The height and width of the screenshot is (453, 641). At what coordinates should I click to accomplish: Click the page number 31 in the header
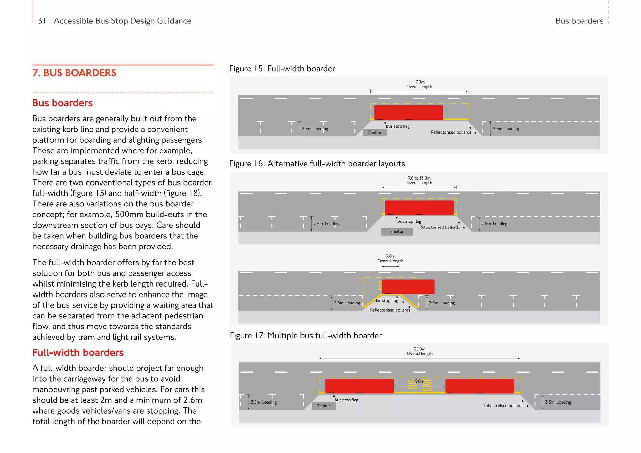coord(42,21)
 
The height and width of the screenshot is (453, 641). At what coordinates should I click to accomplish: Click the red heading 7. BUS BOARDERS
coord(74,73)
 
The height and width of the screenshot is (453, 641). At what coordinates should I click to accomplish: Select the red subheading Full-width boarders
coord(78,353)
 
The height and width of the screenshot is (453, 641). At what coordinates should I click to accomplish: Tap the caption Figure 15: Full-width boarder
coord(282,69)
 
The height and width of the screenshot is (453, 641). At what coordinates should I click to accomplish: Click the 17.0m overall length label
coord(419,84)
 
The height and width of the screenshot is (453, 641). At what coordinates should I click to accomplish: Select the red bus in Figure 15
coord(408,112)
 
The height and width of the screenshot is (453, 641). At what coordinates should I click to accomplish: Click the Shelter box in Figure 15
coord(375,133)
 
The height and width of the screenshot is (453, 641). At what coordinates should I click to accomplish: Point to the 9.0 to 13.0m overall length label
coord(419,180)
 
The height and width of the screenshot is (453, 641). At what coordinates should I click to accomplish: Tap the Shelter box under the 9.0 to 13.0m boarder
coord(397,232)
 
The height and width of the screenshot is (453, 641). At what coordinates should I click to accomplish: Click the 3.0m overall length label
coord(390,258)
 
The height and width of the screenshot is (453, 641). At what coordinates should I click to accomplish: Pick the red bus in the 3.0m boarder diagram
coord(408,287)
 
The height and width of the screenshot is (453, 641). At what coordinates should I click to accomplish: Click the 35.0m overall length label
coord(419,351)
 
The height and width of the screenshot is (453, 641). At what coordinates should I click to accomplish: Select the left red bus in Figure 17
coord(359,386)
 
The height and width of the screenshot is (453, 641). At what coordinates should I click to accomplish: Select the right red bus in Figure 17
coord(479,386)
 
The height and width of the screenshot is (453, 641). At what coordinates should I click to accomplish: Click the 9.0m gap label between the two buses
coord(419,381)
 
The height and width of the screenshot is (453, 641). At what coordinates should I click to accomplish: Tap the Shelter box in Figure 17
coord(323,406)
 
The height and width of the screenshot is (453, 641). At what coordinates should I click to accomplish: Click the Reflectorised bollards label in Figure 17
coord(503,406)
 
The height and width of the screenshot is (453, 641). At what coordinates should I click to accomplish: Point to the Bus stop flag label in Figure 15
coord(397,126)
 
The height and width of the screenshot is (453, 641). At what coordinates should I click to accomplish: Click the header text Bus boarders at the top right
coord(579,21)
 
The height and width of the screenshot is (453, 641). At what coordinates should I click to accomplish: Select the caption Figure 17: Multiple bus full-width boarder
coord(306,336)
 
